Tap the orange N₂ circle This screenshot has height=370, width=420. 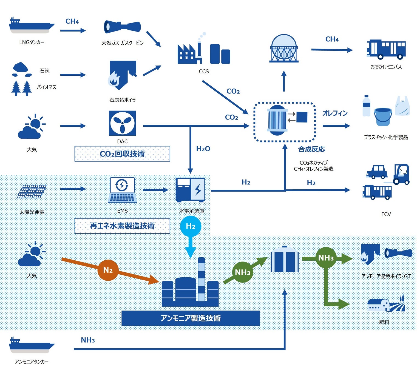click(x=108, y=270)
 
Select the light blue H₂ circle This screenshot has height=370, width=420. click(x=191, y=226)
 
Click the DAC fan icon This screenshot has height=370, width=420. click(x=122, y=123)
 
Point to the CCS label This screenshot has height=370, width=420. click(x=204, y=71)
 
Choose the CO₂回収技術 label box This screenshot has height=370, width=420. click(x=122, y=154)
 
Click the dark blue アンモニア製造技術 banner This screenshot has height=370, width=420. click(x=191, y=318)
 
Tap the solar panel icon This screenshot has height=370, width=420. click(x=32, y=191)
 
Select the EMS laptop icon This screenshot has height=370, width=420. click(x=122, y=190)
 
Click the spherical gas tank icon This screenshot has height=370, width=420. click(x=284, y=48)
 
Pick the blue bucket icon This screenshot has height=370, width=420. click(x=383, y=117)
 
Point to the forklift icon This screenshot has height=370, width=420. click(x=401, y=174)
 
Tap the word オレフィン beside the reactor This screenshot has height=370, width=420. click(x=335, y=113)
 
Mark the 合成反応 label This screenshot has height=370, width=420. click(x=311, y=149)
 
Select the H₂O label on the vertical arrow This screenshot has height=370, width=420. click(x=203, y=149)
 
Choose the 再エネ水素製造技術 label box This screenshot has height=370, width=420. click(x=122, y=226)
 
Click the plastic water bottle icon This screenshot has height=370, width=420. click(x=366, y=106)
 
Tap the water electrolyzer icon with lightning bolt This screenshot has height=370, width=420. click(x=191, y=190)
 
